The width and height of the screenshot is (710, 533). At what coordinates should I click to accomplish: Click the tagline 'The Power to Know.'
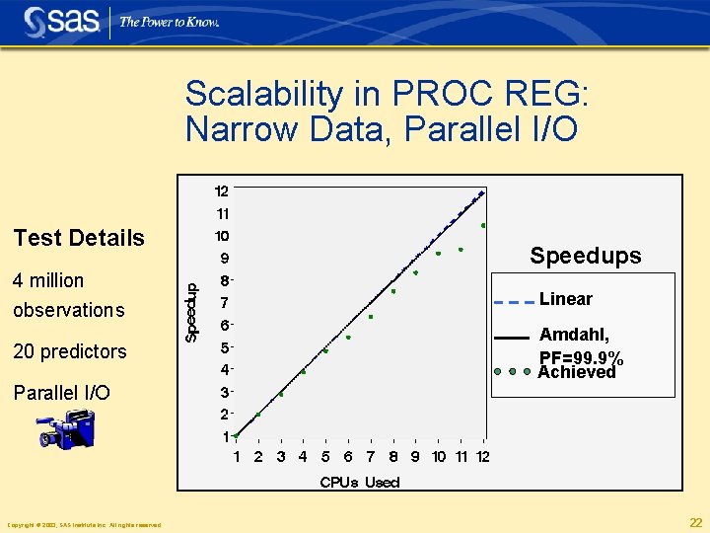tap(169, 22)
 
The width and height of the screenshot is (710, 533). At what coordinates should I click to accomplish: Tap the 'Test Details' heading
tap(79, 238)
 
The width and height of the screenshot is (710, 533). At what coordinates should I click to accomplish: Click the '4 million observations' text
tap(68, 295)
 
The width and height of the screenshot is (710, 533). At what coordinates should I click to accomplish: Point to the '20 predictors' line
tap(69, 351)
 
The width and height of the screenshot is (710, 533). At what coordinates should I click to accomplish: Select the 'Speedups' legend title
tap(585, 256)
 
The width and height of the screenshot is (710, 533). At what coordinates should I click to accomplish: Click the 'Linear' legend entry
tap(566, 299)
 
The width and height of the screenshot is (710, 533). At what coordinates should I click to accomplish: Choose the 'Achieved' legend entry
tap(576, 372)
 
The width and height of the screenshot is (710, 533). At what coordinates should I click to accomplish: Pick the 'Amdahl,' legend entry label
tap(574, 336)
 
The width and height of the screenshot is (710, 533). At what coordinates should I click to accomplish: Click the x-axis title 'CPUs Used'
tap(360, 482)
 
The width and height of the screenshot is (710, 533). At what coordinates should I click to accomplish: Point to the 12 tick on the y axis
tap(222, 190)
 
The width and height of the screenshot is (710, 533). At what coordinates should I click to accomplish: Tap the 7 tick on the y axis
tap(224, 302)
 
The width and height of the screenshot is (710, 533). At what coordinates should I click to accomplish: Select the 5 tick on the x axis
tap(325, 456)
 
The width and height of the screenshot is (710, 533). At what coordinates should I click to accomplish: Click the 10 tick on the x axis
tap(438, 456)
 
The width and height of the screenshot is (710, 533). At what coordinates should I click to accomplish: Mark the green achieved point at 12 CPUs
tap(483, 226)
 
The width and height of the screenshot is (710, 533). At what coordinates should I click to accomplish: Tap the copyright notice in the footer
tap(84, 524)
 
